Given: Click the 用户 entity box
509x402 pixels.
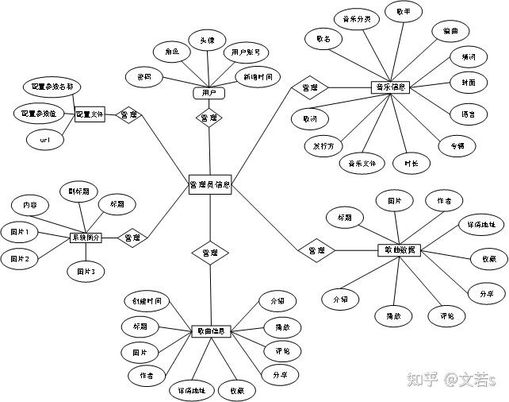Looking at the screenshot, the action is (x=209, y=93).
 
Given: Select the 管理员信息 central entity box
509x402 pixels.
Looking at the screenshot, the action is (x=209, y=185).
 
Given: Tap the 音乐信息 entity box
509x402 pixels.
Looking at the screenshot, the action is (x=390, y=87).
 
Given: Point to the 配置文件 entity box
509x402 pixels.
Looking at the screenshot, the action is (x=90, y=114).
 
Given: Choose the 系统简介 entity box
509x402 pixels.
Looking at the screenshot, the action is (x=86, y=237).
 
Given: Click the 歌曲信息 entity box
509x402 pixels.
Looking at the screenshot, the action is (x=211, y=331).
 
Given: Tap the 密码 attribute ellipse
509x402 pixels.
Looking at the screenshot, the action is (x=144, y=76).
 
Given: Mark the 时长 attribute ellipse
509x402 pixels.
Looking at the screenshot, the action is (x=411, y=163).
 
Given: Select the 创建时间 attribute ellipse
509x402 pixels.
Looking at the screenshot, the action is (x=147, y=301).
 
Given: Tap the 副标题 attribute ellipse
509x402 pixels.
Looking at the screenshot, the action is (x=78, y=191).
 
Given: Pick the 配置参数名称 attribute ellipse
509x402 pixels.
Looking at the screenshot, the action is (x=51, y=86).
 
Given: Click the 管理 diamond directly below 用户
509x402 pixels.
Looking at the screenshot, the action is (x=209, y=118).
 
